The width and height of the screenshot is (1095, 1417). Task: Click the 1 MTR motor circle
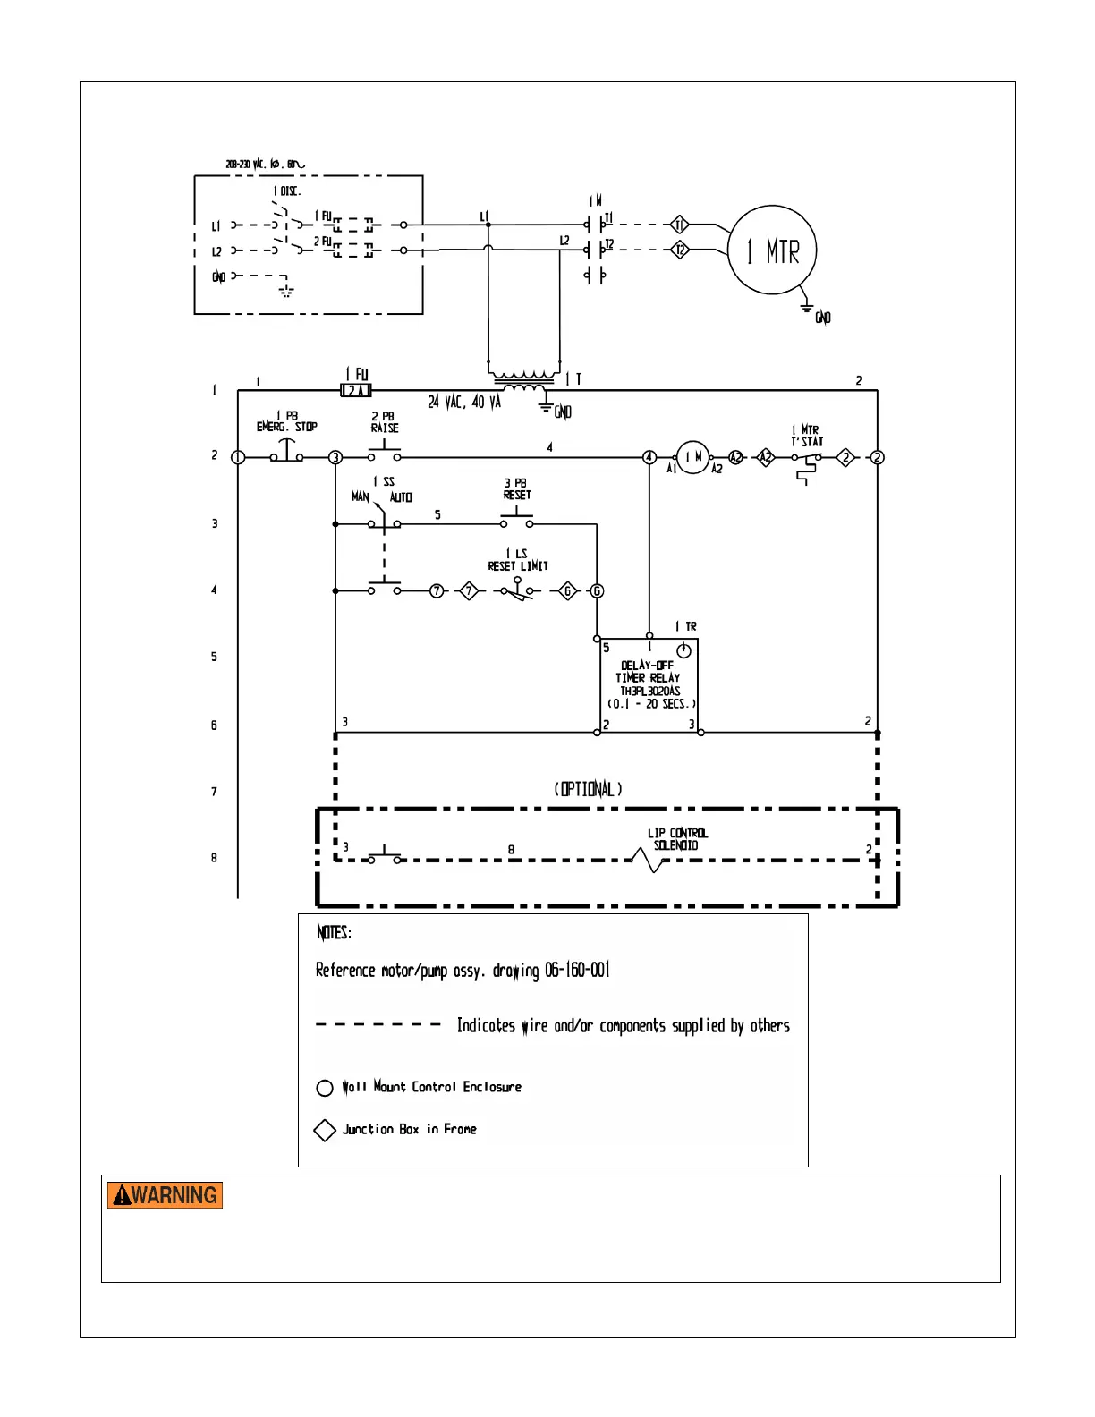pyautogui.click(x=771, y=250)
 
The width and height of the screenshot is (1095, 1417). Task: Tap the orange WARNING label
pyautogui.click(x=165, y=1195)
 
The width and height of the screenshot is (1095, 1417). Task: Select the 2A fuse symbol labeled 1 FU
pyautogui.click(x=356, y=390)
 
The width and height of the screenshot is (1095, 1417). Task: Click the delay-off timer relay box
pyautogui.click(x=649, y=685)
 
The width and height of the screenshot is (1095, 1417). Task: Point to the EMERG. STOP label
pyautogui.click(x=286, y=427)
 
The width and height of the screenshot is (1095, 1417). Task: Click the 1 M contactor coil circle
pyautogui.click(x=692, y=457)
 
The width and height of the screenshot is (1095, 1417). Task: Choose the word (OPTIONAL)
pyautogui.click(x=588, y=789)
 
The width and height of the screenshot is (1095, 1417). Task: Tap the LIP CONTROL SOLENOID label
pyautogui.click(x=676, y=839)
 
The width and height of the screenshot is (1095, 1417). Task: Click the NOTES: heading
pyautogui.click(x=334, y=932)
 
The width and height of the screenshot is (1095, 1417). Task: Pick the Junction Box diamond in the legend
pyautogui.click(x=325, y=1130)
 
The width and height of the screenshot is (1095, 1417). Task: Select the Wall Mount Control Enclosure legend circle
pyautogui.click(x=325, y=1088)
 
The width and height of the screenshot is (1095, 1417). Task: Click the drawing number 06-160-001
pyautogui.click(x=577, y=971)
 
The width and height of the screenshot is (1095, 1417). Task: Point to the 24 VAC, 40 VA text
pyautogui.click(x=463, y=403)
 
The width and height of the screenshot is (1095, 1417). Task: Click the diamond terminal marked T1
pyautogui.click(x=679, y=225)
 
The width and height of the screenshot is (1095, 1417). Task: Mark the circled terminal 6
pyautogui.click(x=597, y=590)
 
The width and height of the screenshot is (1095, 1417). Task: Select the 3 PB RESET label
pyautogui.click(x=516, y=488)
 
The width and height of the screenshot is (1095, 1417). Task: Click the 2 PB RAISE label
pyautogui.click(x=385, y=422)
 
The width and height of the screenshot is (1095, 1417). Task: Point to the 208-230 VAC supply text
pyautogui.click(x=265, y=165)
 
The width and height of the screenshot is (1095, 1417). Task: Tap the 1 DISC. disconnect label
pyautogui.click(x=287, y=191)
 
